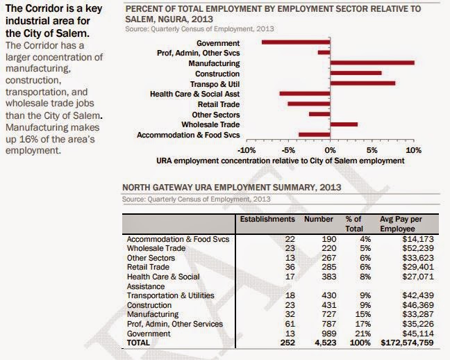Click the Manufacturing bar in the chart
(x=372, y=63)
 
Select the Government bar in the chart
(x=296, y=42)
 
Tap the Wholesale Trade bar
(x=344, y=124)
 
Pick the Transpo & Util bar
(x=362, y=83)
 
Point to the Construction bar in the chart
(x=356, y=73)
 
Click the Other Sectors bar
(x=319, y=114)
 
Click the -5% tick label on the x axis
(x=288, y=150)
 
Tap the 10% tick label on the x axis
(x=414, y=150)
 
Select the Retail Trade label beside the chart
(x=219, y=104)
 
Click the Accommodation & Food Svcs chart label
(x=188, y=135)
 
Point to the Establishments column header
(x=267, y=219)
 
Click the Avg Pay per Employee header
(x=401, y=224)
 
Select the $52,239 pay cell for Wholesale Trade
(x=418, y=248)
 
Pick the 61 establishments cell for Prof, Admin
(x=290, y=324)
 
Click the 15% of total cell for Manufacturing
(x=363, y=314)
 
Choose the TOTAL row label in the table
(x=138, y=343)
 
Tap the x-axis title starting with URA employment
(x=280, y=161)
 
